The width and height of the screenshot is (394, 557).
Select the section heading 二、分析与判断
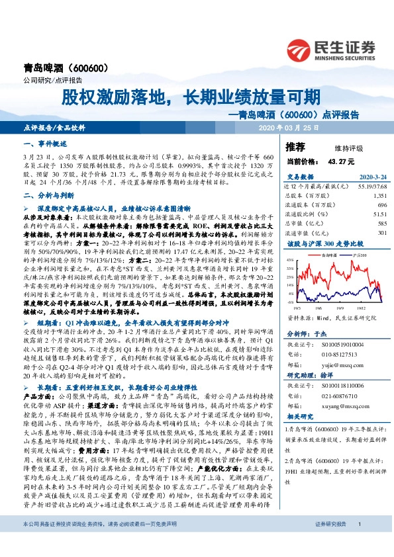44,196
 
